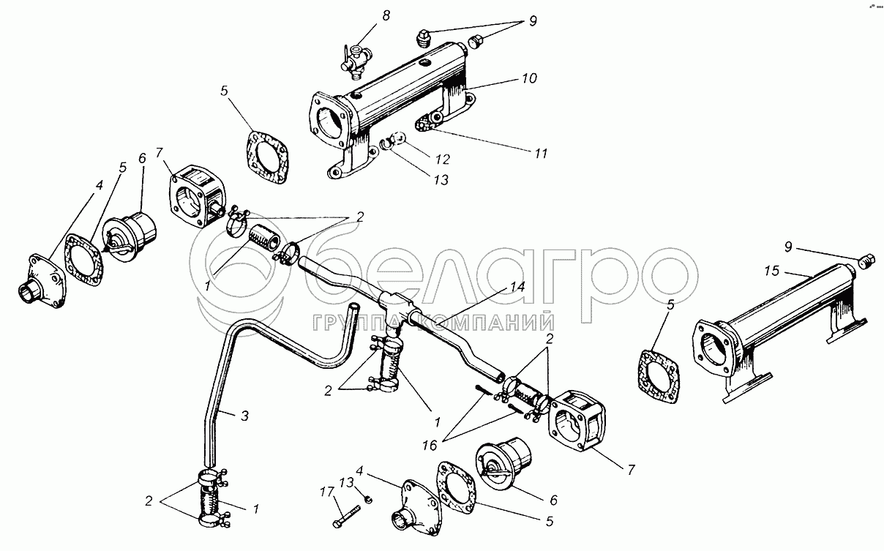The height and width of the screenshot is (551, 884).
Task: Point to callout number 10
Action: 529,78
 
